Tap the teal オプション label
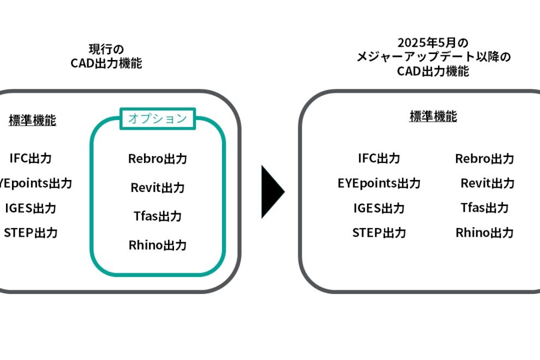(x=157, y=118)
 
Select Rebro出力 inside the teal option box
(x=158, y=159)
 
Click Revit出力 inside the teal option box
(x=158, y=188)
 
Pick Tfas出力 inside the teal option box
(x=158, y=216)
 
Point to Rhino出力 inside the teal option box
(x=158, y=245)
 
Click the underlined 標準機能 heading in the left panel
(x=32, y=121)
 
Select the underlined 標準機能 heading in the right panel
(x=433, y=116)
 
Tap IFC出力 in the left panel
(x=31, y=158)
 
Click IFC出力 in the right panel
(x=379, y=158)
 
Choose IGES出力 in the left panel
(x=31, y=208)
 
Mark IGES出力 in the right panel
(x=379, y=208)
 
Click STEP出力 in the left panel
(x=31, y=233)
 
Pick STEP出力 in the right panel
(x=379, y=233)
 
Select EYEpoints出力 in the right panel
(x=379, y=183)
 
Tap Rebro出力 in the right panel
(x=484, y=159)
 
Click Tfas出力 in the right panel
(x=484, y=208)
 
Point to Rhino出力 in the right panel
(x=484, y=233)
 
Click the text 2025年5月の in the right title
(x=433, y=43)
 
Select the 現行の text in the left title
(x=106, y=50)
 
